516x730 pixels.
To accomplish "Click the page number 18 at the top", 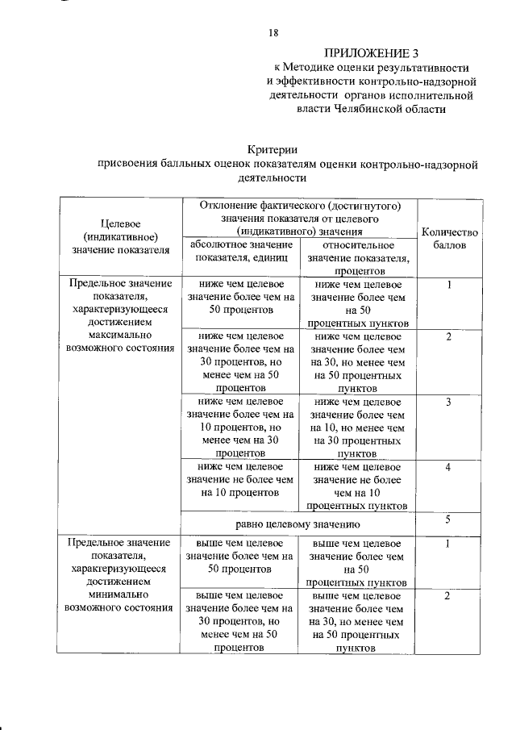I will pos(273,33).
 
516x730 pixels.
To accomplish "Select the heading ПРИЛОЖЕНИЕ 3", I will pos(374,53).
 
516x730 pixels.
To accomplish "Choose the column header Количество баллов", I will pos(449,238).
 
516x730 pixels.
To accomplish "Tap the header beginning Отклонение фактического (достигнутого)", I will pos(298,219).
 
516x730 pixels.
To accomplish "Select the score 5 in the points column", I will pos(448,520).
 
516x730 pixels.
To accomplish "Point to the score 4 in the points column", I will pos(448,468).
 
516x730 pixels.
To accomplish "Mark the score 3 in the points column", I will pos(448,402).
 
